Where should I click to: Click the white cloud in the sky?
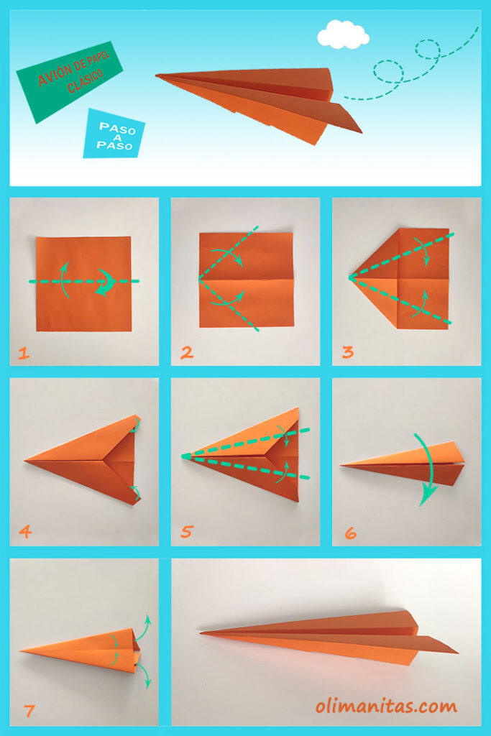coord(343,34)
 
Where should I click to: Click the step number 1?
coord(24,353)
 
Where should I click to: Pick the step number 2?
coord(187,353)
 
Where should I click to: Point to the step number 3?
coord(348,353)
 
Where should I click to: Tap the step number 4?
coord(25,532)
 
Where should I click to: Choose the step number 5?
coord(187,532)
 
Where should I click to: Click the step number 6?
coord(350,533)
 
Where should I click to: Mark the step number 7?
coord(29,711)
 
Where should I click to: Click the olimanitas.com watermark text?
coord(385,707)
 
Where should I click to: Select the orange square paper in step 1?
coord(83,283)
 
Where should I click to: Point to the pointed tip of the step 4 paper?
coord(26,459)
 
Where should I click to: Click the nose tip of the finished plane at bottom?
coord(202,633)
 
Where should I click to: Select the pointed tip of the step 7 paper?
coord(22,651)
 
